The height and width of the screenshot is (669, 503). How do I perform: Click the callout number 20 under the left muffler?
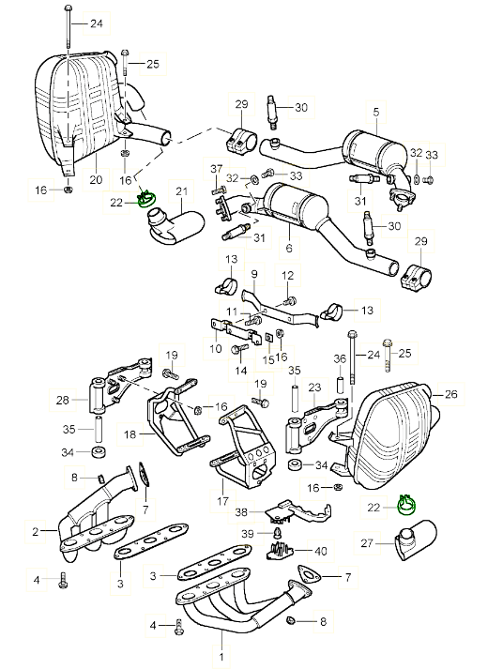(x=94, y=179)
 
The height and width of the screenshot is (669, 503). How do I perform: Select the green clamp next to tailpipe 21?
(x=145, y=201)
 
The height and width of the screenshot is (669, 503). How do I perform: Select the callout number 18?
(x=130, y=434)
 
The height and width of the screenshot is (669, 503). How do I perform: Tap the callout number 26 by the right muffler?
(x=450, y=394)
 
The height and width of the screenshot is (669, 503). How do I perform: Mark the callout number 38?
(x=241, y=512)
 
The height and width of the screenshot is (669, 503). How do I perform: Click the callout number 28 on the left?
(x=62, y=401)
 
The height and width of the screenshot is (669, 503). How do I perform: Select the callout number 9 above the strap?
(x=252, y=273)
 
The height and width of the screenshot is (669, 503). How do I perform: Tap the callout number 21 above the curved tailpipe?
(x=181, y=193)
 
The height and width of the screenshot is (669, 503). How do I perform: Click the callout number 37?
(x=217, y=169)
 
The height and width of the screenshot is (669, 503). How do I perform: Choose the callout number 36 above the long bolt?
(x=340, y=358)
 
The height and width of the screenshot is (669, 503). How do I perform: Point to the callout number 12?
(x=288, y=275)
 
